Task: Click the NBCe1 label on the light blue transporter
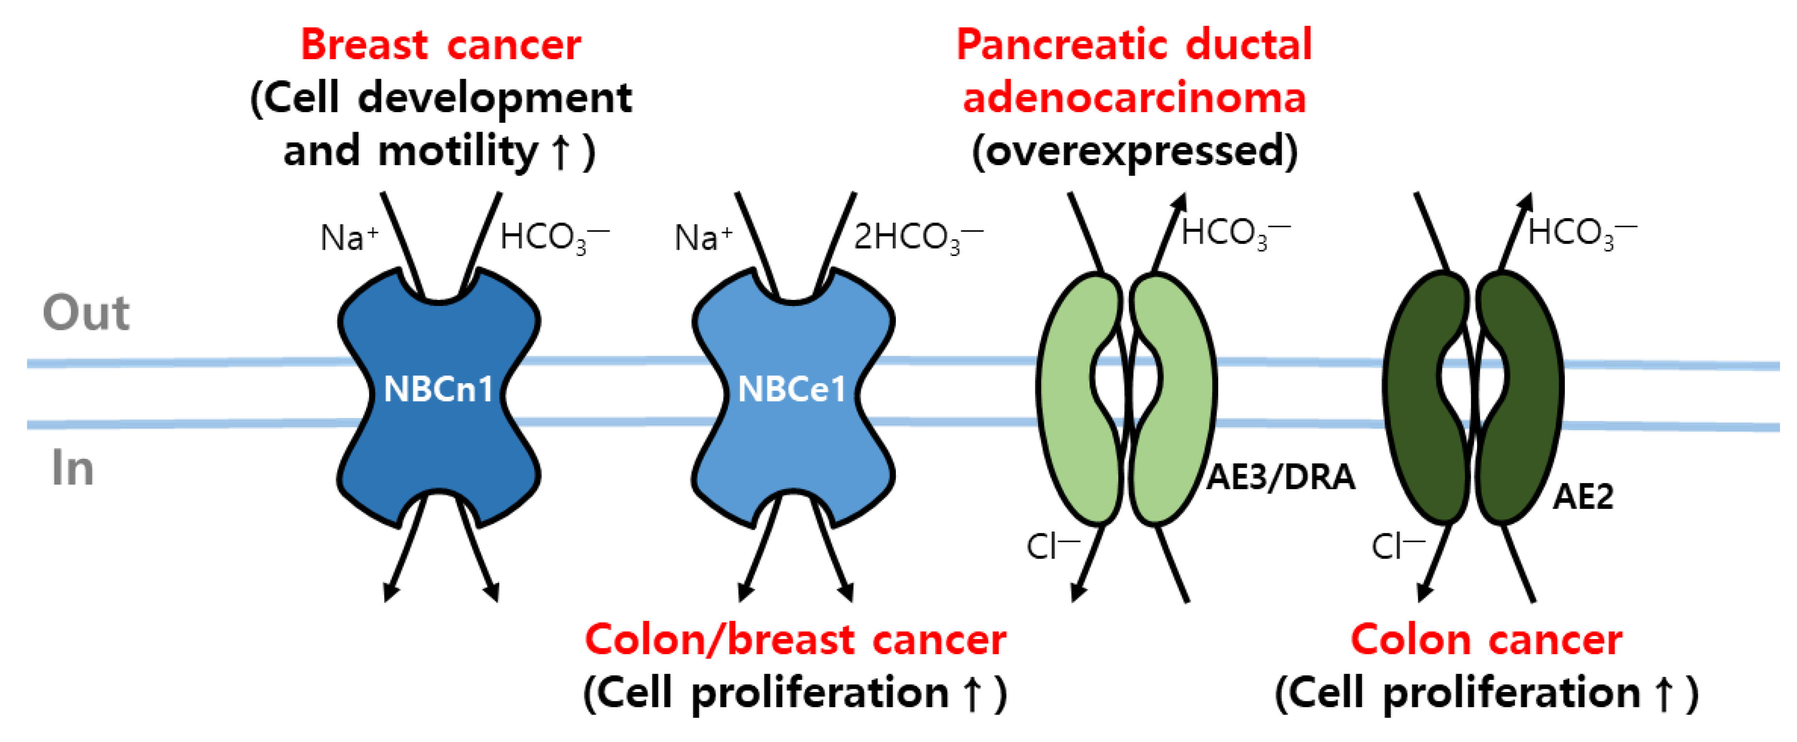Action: tap(792, 389)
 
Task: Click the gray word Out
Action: tap(86, 313)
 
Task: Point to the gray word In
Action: tap(72, 468)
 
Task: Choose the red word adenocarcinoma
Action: tap(1134, 98)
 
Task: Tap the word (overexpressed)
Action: tap(1134, 151)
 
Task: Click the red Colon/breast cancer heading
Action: tap(795, 640)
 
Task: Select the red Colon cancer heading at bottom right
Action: tap(1486, 640)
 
